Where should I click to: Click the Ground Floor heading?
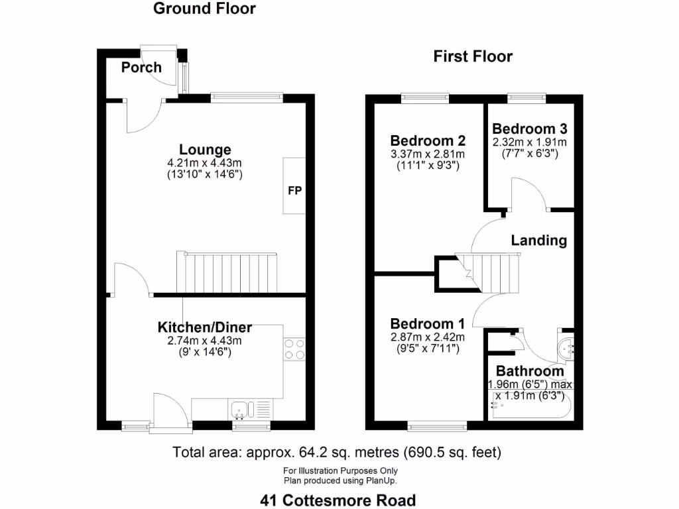coord(204,9)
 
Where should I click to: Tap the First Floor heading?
coord(473,56)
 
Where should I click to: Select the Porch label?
coord(141,67)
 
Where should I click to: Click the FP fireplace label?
coord(295,190)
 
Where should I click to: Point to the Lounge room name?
coord(205,150)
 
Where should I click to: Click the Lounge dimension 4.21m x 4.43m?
coord(204,163)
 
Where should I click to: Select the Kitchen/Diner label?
coord(205,327)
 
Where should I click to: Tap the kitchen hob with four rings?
coord(294,349)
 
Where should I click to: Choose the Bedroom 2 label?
coord(428,141)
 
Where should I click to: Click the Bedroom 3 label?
coord(530,129)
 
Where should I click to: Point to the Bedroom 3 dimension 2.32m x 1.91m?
coord(530,142)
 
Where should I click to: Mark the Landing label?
coord(538,240)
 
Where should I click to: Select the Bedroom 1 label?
coord(428,323)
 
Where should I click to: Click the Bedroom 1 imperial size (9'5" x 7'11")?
coord(428,349)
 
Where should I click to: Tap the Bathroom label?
coord(530,371)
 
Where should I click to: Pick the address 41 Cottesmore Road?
coord(338,500)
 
